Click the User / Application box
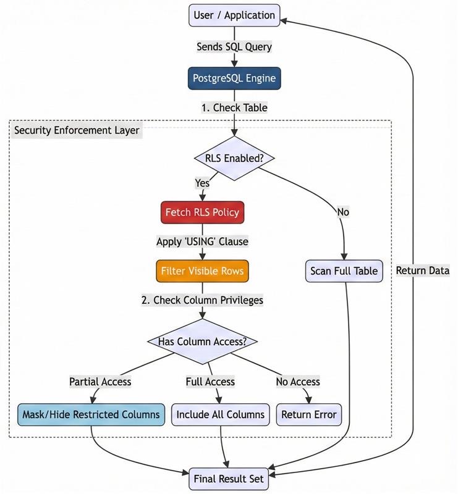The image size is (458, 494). tap(234, 15)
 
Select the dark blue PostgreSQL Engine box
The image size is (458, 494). tap(234, 78)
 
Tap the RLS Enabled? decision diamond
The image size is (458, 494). tap(234, 158)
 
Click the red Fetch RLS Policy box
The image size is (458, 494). tap(202, 212)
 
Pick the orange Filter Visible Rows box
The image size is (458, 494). tap(202, 271)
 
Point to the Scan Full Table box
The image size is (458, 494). tap(344, 271)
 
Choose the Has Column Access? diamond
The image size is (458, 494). tap(202, 341)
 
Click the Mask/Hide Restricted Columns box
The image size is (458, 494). tap(91, 414)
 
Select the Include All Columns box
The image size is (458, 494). tap(221, 414)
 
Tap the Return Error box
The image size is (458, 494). tap(309, 414)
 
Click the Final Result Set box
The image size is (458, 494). tap(229, 479)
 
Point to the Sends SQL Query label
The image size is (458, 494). tap(234, 47)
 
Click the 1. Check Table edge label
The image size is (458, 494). tap(234, 107)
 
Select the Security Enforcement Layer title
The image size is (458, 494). tap(77, 130)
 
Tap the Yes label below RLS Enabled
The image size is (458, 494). tap(202, 183)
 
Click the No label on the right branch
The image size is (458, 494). tap(343, 212)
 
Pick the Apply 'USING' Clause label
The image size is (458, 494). tap(202, 241)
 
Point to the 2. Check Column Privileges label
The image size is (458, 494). tap(202, 300)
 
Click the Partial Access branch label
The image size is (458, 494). tap(100, 382)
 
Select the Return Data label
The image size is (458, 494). tap(423, 270)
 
